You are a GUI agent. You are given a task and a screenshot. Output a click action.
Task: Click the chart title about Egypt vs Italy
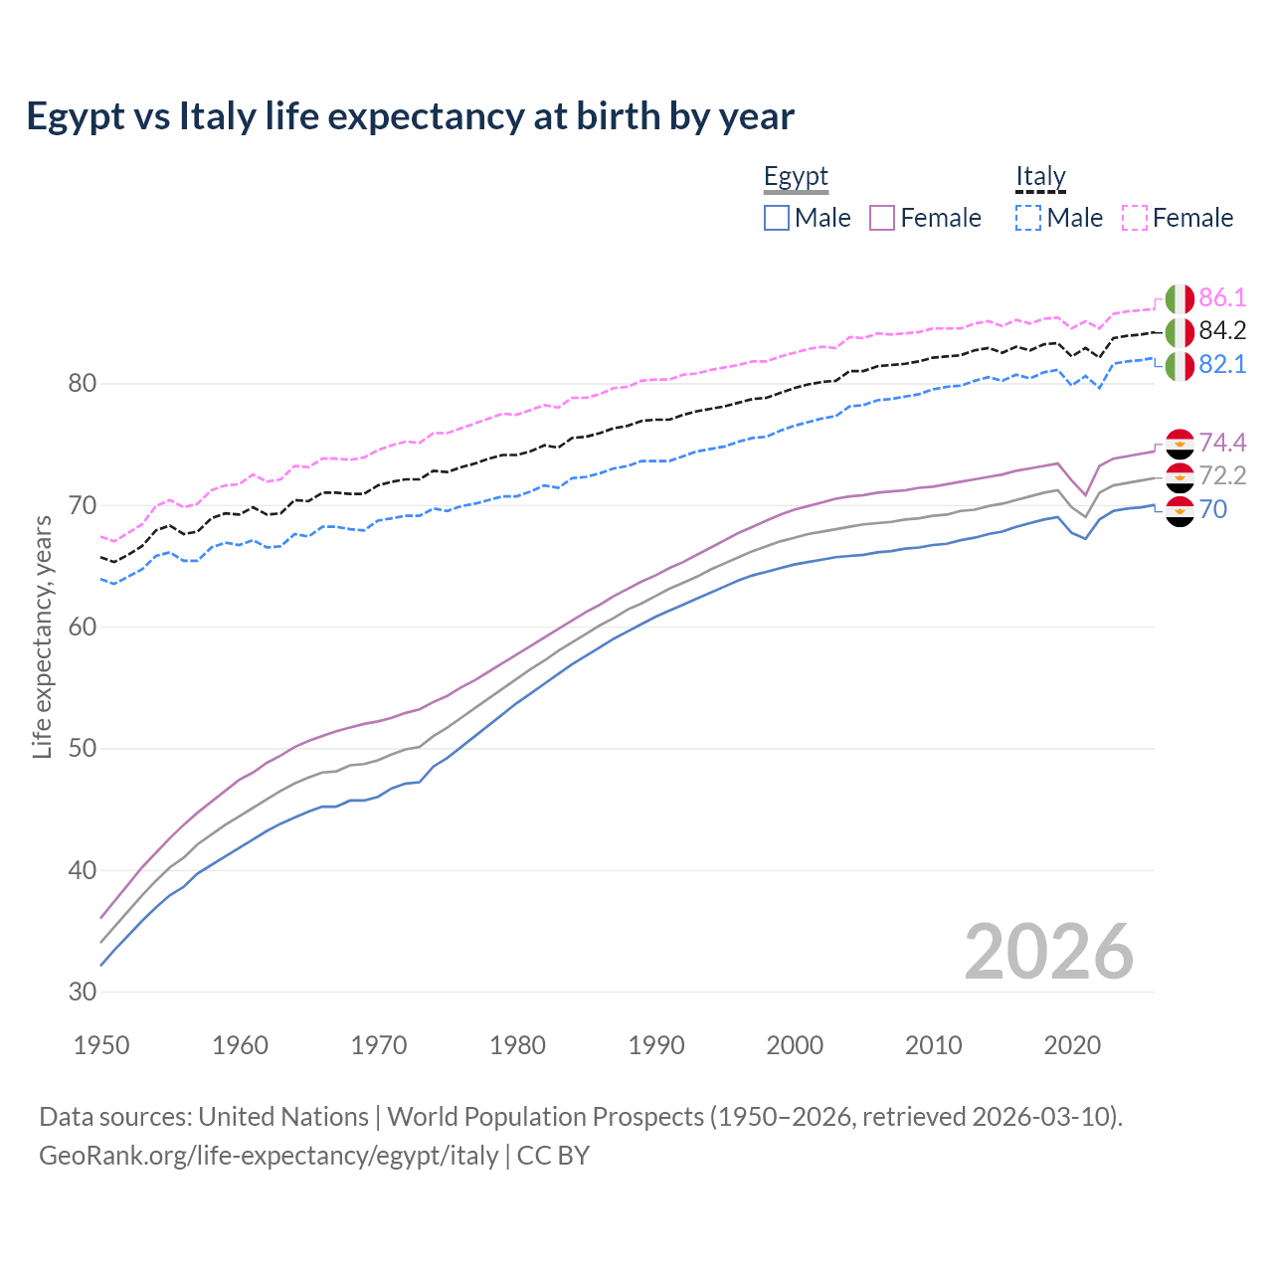[410, 116]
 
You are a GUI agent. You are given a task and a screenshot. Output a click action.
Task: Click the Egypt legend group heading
[796, 177]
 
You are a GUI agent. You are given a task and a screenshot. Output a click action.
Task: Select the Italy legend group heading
[1040, 177]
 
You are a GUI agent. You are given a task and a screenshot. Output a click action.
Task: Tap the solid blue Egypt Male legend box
[777, 218]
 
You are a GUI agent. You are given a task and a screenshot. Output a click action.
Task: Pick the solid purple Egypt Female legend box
[882, 218]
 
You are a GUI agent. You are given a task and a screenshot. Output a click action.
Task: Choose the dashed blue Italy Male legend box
[1028, 218]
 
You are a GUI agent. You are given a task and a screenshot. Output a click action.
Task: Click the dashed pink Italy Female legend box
[1135, 218]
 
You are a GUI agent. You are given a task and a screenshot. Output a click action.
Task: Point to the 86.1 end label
[1222, 297]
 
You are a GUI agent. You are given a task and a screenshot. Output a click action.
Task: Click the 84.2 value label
[1222, 331]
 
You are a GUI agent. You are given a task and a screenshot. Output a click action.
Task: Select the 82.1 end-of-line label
[1222, 365]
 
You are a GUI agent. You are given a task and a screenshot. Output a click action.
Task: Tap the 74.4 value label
[1222, 443]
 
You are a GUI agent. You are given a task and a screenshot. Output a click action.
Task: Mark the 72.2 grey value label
[1222, 476]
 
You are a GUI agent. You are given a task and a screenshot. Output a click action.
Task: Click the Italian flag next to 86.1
[1180, 298]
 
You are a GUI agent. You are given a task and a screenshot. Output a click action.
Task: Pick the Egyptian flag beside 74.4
[1180, 444]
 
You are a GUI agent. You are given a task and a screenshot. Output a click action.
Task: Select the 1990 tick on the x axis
[656, 1045]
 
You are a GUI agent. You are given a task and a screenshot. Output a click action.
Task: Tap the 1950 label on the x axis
[101, 1045]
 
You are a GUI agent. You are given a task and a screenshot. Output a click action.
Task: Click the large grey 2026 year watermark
[1048, 952]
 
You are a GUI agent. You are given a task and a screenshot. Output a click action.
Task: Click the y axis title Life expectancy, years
[43, 636]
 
